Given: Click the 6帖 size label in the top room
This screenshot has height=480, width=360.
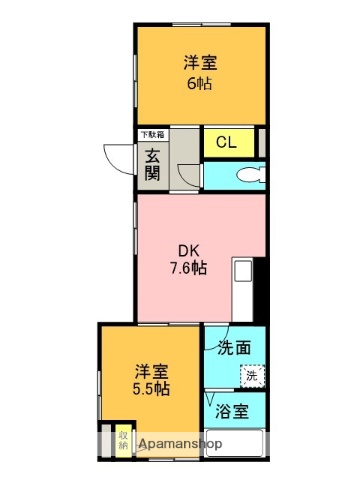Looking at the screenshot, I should point(201,83).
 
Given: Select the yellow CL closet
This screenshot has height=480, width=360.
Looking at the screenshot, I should point(228,142).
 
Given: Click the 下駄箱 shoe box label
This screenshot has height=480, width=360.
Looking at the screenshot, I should point(152,134).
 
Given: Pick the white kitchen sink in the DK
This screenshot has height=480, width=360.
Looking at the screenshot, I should point(243,272).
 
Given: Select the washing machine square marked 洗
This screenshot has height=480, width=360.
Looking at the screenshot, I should point(251,377).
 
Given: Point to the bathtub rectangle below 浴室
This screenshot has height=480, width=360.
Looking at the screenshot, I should point(236,443).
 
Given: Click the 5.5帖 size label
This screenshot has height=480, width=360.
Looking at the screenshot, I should point(151,389).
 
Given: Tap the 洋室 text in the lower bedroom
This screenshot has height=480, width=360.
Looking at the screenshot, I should point(151,369).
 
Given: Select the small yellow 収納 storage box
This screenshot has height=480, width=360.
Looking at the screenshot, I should point(122,440).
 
